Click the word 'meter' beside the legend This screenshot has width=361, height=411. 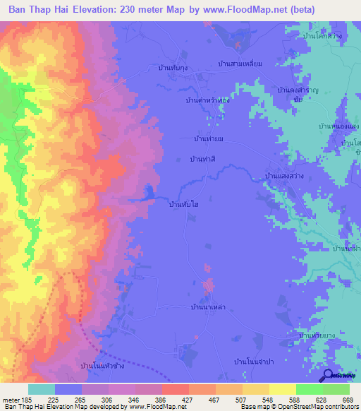click(x=12, y=400)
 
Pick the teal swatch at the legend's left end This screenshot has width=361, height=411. click(x=41, y=389)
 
